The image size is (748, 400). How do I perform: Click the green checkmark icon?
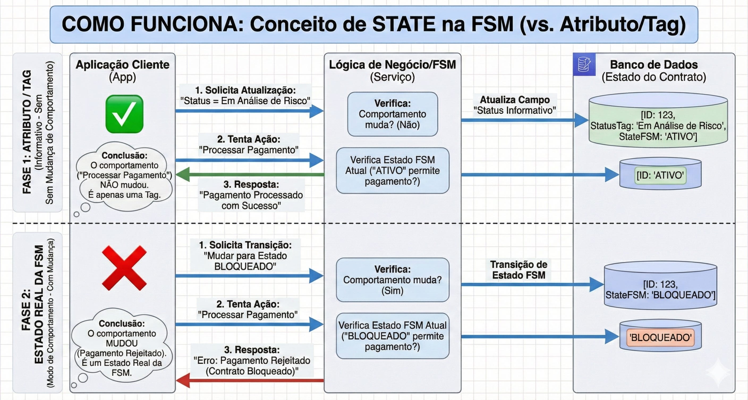124,114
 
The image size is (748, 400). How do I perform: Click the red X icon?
124,268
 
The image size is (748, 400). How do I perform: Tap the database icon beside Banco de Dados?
584,64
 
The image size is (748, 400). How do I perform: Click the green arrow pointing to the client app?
250,174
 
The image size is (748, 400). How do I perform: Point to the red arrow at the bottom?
250,380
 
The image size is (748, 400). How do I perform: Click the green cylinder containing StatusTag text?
658,122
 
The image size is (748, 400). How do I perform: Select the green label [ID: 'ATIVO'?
660,175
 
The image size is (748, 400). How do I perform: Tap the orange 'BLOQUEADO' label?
660,337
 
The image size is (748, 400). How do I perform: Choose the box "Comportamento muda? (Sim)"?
392,280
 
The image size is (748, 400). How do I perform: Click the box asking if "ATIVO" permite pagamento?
392,171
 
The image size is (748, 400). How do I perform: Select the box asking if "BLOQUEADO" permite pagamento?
392,336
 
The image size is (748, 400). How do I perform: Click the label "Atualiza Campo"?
515,100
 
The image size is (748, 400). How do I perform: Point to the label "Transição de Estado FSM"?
518,270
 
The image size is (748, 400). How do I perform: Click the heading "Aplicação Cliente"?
122,65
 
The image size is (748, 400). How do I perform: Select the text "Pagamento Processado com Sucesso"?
251,200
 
